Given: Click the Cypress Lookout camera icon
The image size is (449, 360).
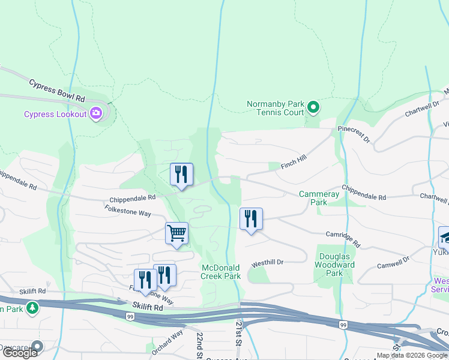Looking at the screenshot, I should [x=96, y=113].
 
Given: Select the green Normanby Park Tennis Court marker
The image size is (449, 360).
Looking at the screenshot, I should [x=313, y=108].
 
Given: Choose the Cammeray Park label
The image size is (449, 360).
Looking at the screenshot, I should [x=319, y=198].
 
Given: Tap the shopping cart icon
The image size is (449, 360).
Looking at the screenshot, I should [x=177, y=232].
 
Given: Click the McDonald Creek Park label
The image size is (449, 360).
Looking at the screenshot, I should [x=221, y=272].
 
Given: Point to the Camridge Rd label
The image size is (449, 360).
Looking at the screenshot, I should [x=343, y=239].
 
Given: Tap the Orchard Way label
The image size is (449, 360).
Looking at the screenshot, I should [x=167, y=341].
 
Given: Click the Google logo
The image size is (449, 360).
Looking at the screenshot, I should [x=20, y=353].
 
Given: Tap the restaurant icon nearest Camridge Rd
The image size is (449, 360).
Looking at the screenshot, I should [x=251, y=218].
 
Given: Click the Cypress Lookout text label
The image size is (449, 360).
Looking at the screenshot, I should [x=55, y=114].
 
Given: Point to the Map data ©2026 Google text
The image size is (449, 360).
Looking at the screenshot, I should [x=412, y=355].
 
